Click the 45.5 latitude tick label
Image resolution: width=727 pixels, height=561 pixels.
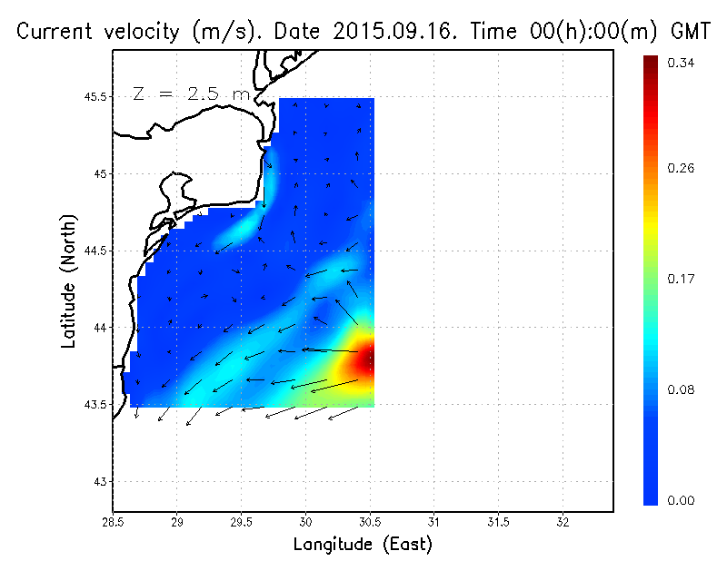pos(96,97)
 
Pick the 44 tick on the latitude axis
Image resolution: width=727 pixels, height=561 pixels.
pos(101,328)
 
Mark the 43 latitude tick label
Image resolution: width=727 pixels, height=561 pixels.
pos(101,481)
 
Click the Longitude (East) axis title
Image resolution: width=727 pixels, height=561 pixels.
pos(363,545)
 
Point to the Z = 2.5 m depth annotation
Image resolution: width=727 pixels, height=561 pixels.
pos(190,93)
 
